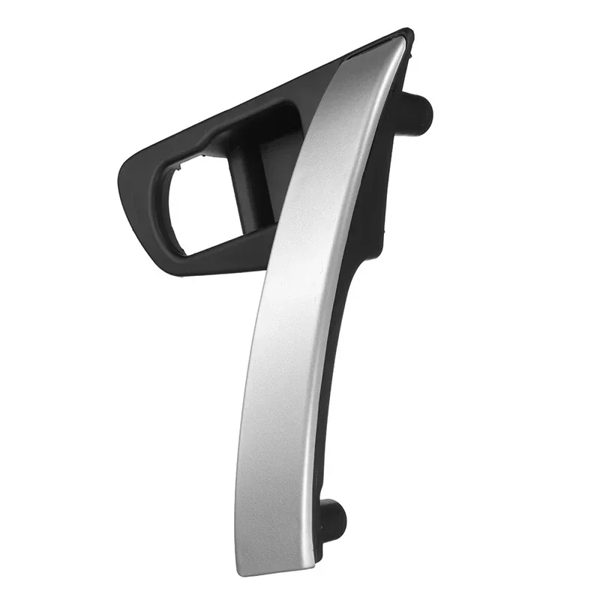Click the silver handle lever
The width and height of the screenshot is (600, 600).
point(300,315)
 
